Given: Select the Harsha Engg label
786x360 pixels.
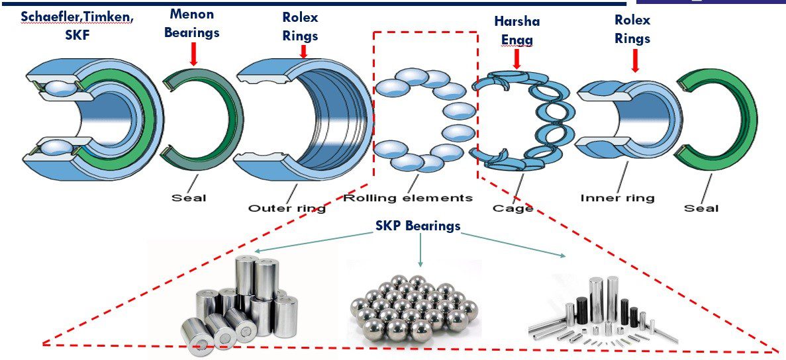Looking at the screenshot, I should click(x=516, y=30).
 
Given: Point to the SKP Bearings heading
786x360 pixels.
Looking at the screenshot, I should click(x=418, y=226).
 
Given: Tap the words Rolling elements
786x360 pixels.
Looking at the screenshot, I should click(x=409, y=197).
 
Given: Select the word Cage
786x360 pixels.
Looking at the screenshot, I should click(x=513, y=208).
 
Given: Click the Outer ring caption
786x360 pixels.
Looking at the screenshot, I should click(x=287, y=208).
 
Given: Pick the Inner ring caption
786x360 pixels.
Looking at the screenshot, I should click(x=617, y=197).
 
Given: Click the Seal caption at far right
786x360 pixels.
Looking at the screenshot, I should click(x=701, y=208).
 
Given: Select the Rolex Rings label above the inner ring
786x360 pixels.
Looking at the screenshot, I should click(x=632, y=30).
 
